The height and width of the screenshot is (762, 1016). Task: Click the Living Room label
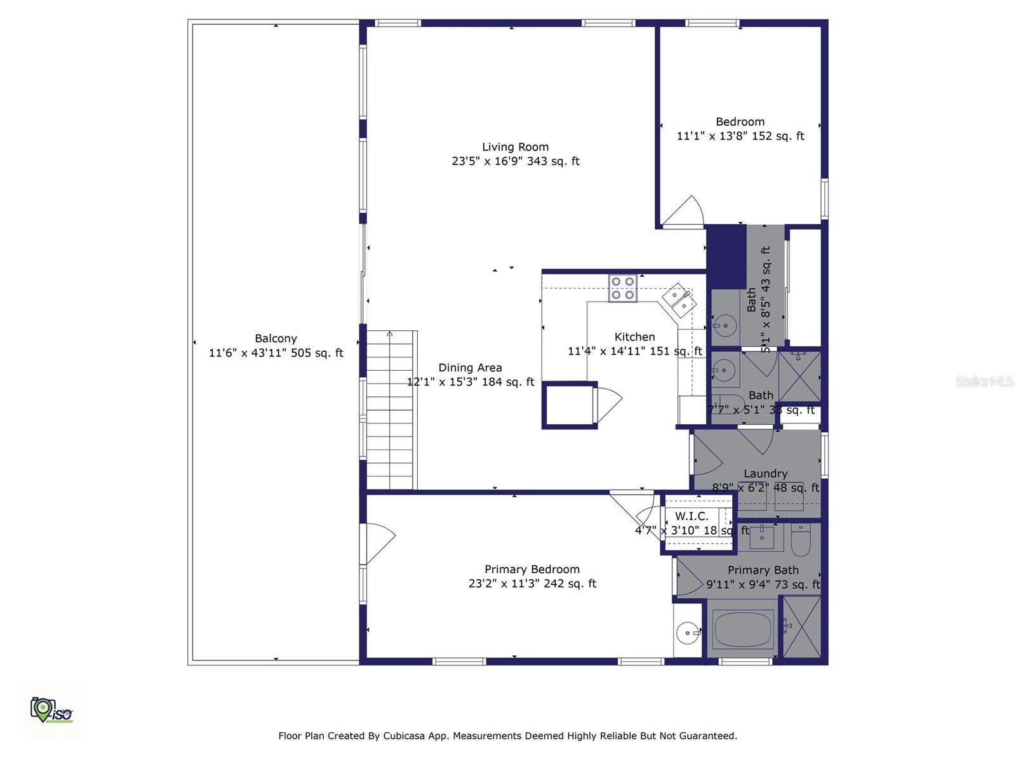click(515, 147)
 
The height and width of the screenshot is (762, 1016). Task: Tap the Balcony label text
click(276, 338)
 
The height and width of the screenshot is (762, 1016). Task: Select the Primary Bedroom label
click(531, 569)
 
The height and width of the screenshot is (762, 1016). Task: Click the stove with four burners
click(622, 288)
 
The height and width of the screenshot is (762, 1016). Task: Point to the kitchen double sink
click(678, 300)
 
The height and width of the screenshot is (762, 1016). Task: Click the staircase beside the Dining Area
click(391, 410)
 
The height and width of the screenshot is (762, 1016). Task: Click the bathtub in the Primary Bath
click(742, 629)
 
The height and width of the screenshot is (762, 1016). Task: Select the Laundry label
click(765, 473)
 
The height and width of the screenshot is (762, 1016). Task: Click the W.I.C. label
click(692, 516)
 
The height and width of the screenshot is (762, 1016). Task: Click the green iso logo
click(51, 709)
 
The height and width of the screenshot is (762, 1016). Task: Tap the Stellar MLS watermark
click(984, 382)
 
